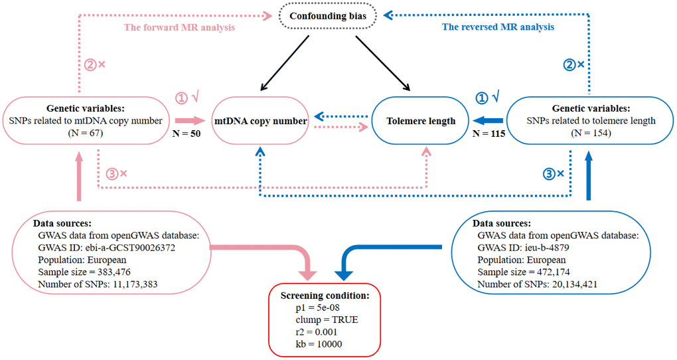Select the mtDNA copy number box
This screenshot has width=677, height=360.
click(x=260, y=121)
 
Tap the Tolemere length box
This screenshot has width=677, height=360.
click(x=421, y=121)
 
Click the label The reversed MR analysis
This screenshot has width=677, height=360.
click(x=498, y=27)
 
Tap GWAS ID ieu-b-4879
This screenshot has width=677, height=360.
click(x=524, y=247)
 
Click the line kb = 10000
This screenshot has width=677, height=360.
click(x=318, y=344)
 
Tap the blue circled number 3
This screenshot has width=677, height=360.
click(x=550, y=174)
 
